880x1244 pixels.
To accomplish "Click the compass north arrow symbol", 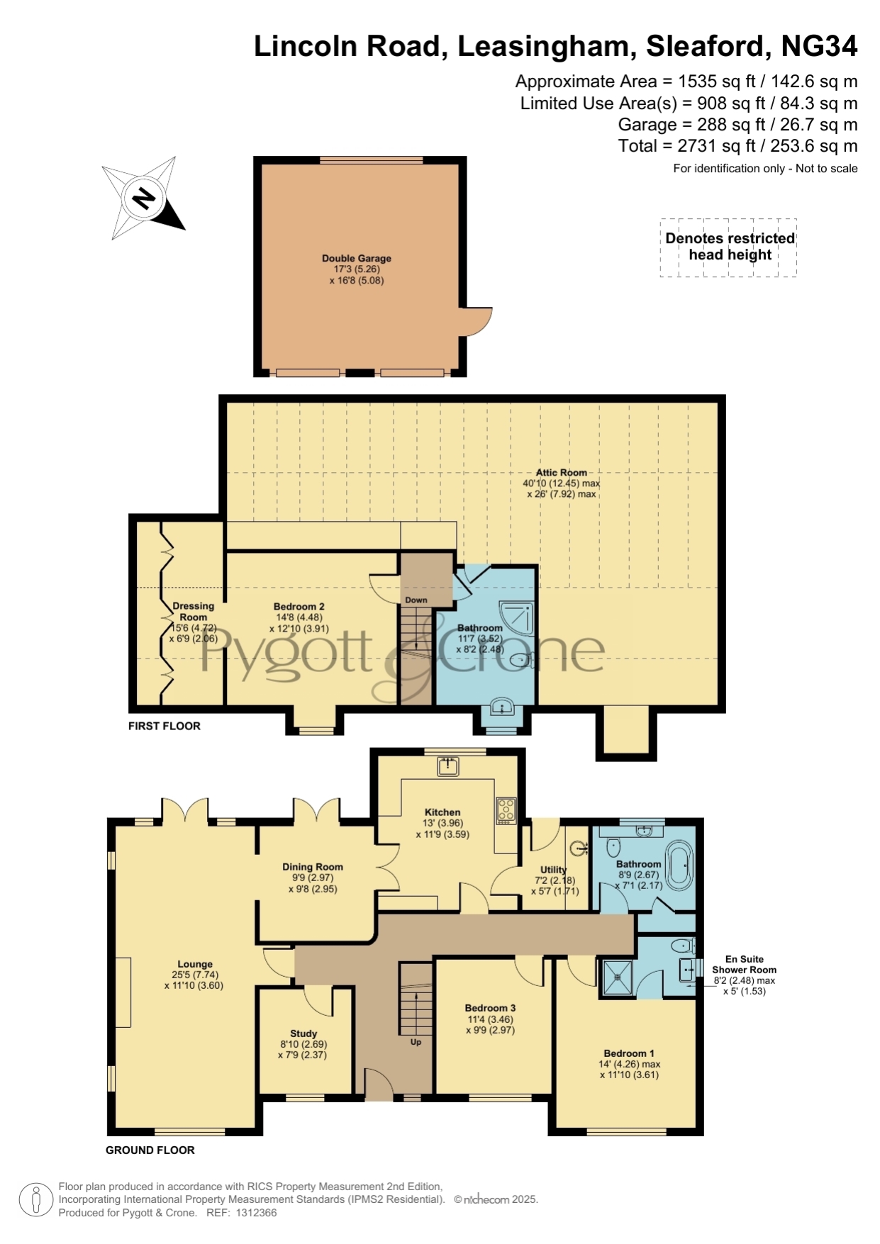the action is pyautogui.click(x=144, y=198).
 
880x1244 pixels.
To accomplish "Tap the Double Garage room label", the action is pyautogui.click(x=357, y=259).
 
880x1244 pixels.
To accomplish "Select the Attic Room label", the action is pyautogui.click(x=562, y=472).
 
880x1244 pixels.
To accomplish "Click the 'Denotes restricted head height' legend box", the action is pyautogui.click(x=729, y=247).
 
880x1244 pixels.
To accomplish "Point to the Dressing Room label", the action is pyautogui.click(x=194, y=612).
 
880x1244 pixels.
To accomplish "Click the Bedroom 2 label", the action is pyautogui.click(x=299, y=607).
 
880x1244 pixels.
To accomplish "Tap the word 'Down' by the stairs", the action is pyautogui.click(x=416, y=600).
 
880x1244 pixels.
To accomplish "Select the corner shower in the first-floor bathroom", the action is pyautogui.click(x=516, y=617).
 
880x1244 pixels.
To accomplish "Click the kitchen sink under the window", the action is pyautogui.click(x=448, y=766).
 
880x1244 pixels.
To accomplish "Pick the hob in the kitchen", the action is pyautogui.click(x=506, y=810).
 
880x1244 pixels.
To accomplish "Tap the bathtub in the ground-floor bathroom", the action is pyautogui.click(x=680, y=865).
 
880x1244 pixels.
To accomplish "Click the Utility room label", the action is pyautogui.click(x=554, y=870).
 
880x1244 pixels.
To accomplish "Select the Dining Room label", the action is pyautogui.click(x=313, y=867).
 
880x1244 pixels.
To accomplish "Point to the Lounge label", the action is pyautogui.click(x=195, y=964).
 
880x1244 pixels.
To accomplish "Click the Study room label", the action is pyautogui.click(x=303, y=1033).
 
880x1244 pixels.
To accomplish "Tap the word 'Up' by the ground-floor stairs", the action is pyautogui.click(x=416, y=1042).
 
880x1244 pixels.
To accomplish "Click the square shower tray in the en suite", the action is pyautogui.click(x=618, y=977).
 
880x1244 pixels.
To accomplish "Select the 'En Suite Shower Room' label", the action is pyautogui.click(x=745, y=964).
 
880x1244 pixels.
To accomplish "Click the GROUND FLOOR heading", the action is pyautogui.click(x=150, y=1150).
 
